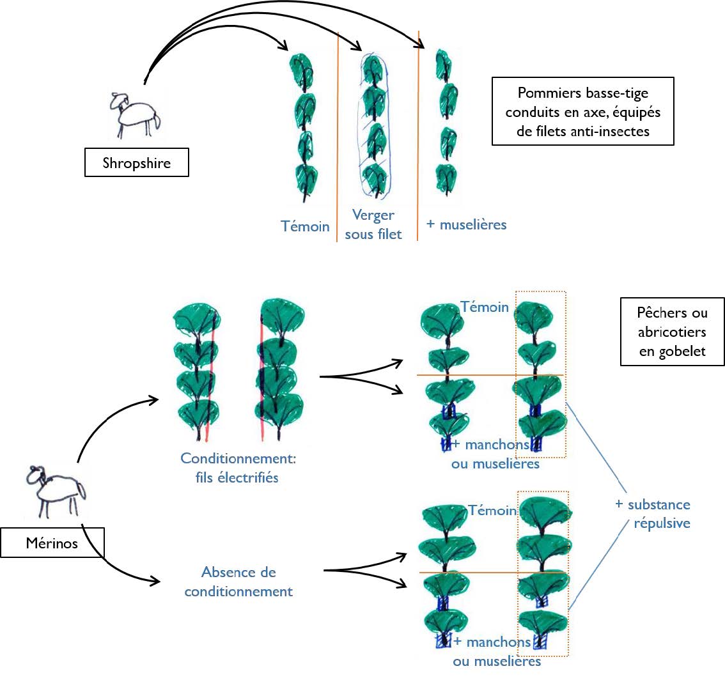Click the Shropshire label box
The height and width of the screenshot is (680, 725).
click(137, 162)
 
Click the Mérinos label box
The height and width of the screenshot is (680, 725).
click(52, 543)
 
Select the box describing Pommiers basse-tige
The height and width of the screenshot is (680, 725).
click(582, 111)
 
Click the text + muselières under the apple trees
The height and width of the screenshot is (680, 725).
click(466, 225)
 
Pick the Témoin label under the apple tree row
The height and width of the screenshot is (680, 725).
click(305, 226)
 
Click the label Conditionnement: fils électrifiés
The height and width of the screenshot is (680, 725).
click(230, 468)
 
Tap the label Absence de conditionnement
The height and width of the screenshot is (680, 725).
click(238, 582)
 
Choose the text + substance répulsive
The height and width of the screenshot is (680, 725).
click(653, 514)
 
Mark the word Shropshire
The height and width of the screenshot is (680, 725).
click(137, 162)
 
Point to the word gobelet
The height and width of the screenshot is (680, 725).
click(671, 351)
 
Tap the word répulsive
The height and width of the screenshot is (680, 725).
click(662, 523)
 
